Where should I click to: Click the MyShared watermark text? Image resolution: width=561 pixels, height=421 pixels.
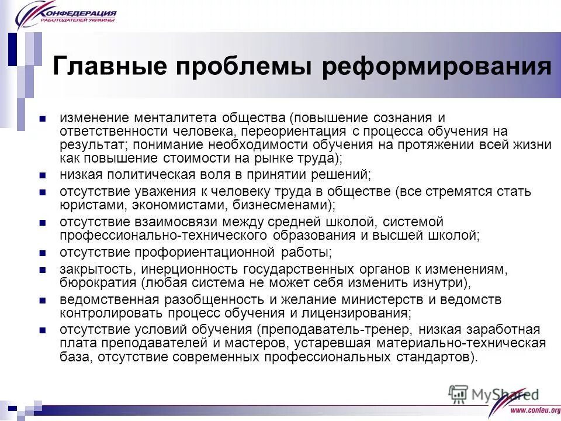pyautogui.click(x=503, y=395)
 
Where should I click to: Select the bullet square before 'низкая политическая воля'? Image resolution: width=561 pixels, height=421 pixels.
pyautogui.click(x=42, y=175)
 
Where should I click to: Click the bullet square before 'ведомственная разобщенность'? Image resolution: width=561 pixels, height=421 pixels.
pyautogui.click(x=42, y=300)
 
